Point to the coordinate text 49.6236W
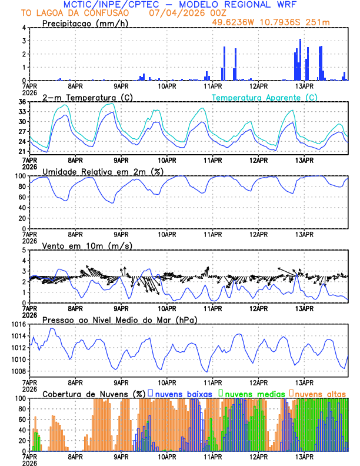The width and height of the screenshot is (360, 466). pyautogui.click(x=236, y=22)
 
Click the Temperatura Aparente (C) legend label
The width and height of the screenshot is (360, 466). pyautogui.click(x=264, y=97)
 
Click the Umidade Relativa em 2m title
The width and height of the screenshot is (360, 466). pyautogui.click(x=102, y=171)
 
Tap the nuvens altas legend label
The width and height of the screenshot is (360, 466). pyautogui.click(x=321, y=393)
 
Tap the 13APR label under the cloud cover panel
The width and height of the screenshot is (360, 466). pyautogui.click(x=304, y=456)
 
